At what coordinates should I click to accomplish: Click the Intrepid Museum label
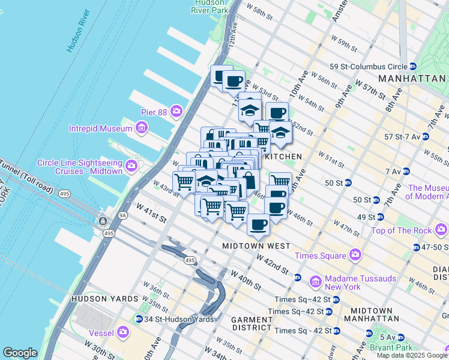tap(100, 128)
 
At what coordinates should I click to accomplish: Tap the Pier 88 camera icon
tap(176, 110)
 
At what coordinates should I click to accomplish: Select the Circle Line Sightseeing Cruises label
tap(80, 167)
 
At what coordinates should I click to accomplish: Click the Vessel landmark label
tap(103, 331)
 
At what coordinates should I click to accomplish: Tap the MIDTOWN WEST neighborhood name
tap(256, 246)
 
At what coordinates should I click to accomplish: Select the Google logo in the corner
tap(20, 353)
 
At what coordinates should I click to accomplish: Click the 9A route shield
tap(123, 214)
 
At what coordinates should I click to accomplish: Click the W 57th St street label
tap(370, 88)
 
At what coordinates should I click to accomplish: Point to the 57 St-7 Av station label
tap(404, 137)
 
